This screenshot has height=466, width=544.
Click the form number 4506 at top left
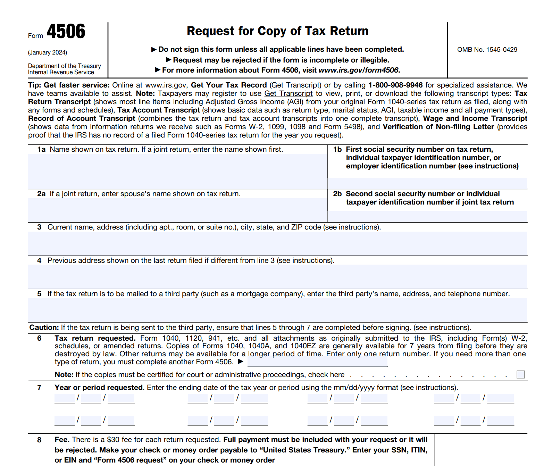click(x=66, y=32)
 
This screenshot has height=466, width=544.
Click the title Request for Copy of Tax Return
click(x=277, y=31)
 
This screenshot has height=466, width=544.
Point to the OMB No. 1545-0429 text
click(x=487, y=50)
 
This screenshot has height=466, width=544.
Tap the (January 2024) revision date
click(x=48, y=52)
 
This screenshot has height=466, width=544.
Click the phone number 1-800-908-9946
click(x=395, y=85)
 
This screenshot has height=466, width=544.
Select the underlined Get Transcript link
click(x=288, y=93)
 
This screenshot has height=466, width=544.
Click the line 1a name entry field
click(x=177, y=171)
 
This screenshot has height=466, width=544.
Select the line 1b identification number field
click(x=427, y=183)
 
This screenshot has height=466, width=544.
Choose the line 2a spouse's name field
click(x=177, y=210)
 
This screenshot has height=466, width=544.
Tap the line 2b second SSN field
click(x=427, y=216)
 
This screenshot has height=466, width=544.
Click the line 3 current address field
click(x=277, y=243)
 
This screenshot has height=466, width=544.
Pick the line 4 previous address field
click(x=277, y=276)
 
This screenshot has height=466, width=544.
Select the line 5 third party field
click(x=277, y=310)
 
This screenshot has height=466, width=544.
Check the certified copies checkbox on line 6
click(x=520, y=374)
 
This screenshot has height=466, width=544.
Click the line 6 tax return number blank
click(x=317, y=362)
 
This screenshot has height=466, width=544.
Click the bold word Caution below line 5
click(x=44, y=327)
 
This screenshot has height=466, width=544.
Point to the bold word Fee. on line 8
click(x=62, y=440)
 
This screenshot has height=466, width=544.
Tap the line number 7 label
click(x=39, y=388)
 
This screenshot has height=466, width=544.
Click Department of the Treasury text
click(x=64, y=66)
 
